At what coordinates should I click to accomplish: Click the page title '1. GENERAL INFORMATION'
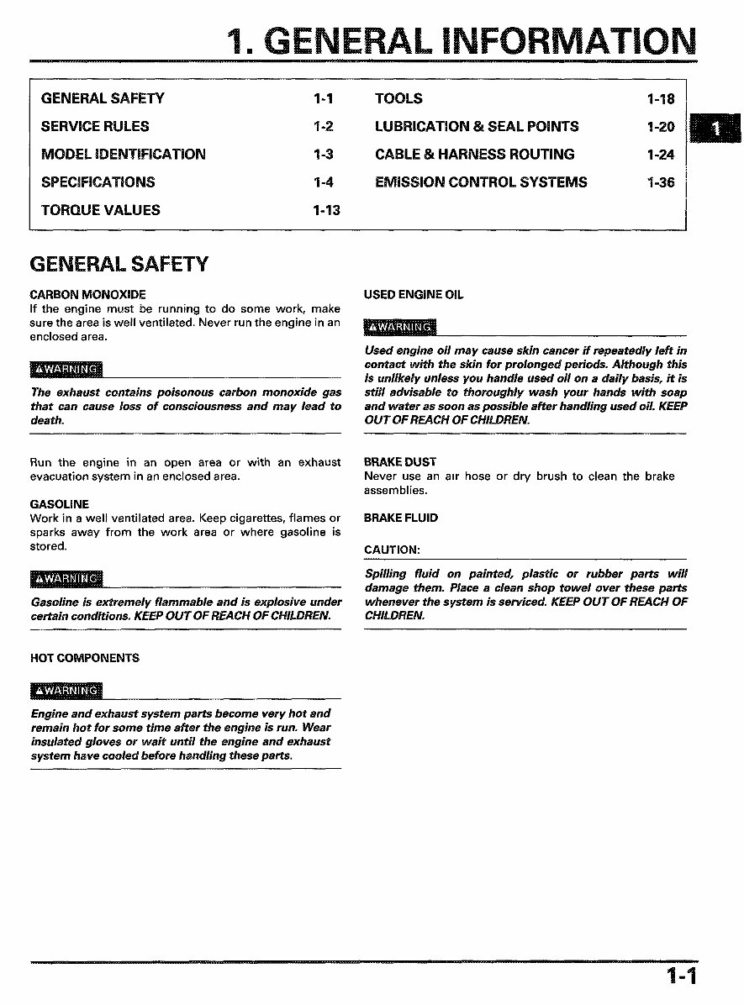pyautogui.click(x=462, y=41)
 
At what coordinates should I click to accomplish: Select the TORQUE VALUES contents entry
pyautogui.click(x=100, y=210)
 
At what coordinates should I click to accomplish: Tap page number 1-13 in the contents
pyautogui.click(x=326, y=210)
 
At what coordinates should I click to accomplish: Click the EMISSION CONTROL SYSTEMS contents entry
pyautogui.click(x=481, y=182)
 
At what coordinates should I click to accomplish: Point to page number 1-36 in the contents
pyautogui.click(x=661, y=182)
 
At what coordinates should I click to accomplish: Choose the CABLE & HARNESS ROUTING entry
pyautogui.click(x=475, y=154)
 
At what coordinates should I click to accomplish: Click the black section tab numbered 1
pyautogui.click(x=715, y=129)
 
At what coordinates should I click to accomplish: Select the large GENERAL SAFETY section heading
pyautogui.click(x=119, y=265)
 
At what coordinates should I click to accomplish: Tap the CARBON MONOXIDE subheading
pyautogui.click(x=87, y=295)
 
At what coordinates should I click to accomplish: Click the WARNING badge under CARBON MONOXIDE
pyautogui.click(x=66, y=370)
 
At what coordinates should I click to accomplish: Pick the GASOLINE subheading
pyautogui.click(x=59, y=504)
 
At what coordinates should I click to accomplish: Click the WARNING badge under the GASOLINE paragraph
pyautogui.click(x=66, y=579)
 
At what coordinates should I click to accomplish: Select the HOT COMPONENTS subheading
pyautogui.click(x=85, y=658)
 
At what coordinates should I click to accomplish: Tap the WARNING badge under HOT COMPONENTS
pyautogui.click(x=66, y=691)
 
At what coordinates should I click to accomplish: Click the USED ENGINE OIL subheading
pyautogui.click(x=414, y=295)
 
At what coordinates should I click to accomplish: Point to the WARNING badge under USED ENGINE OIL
pyautogui.click(x=400, y=327)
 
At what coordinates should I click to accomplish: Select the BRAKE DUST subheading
pyautogui.click(x=400, y=462)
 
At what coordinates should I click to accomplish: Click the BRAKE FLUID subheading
pyautogui.click(x=401, y=518)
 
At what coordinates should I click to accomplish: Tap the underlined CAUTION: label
pyautogui.click(x=392, y=550)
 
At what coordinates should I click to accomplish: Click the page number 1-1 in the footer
pyautogui.click(x=682, y=976)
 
